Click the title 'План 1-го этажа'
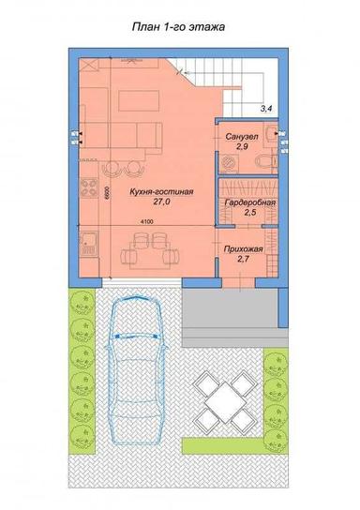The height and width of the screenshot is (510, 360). point(178,29)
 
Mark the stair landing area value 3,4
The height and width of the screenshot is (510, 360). point(266,110)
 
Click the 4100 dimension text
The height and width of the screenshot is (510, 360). point(148,221)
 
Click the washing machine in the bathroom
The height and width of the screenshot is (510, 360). point(228,163)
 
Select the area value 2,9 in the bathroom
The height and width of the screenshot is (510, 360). point(242,148)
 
